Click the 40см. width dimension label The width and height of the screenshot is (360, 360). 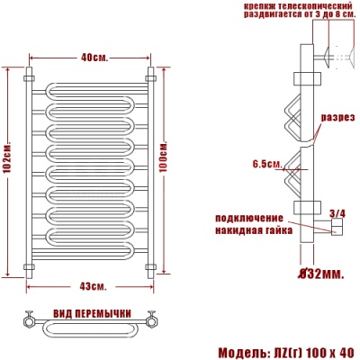click(94, 58)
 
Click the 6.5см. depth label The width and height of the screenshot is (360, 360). click(268, 163)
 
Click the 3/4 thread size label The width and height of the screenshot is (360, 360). click(337, 212)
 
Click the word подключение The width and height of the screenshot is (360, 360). click(250, 219)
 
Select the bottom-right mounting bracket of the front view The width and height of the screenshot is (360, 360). click(150, 266)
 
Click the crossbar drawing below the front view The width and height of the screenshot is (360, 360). click(90, 324)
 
